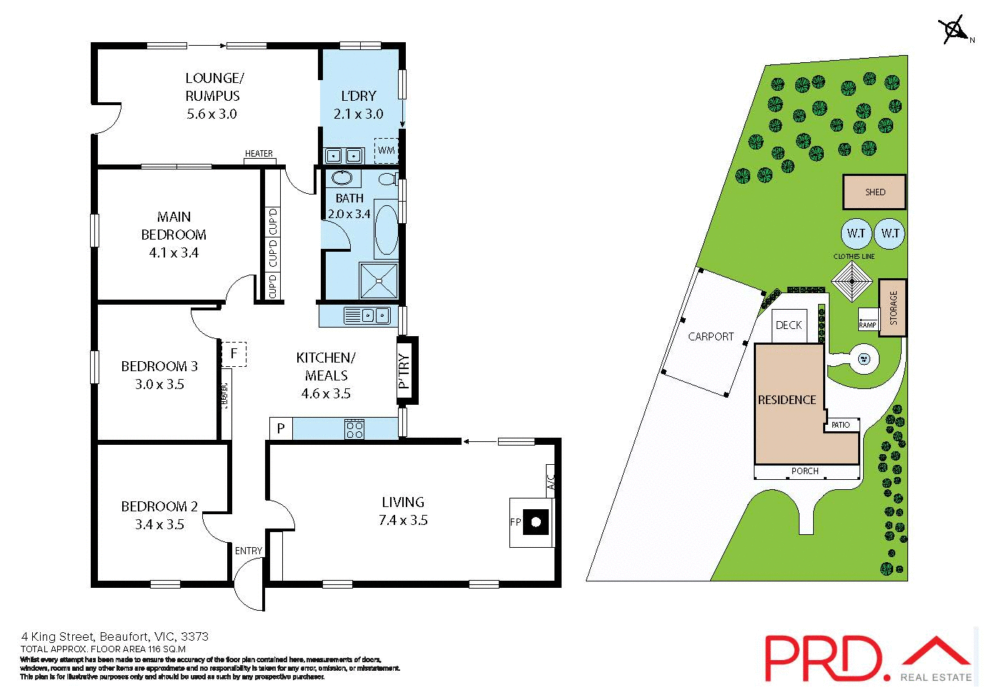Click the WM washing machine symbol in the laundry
point(386,150)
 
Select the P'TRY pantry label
point(404,370)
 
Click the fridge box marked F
point(234,353)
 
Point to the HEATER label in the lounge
point(259,154)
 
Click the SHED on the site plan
point(875,192)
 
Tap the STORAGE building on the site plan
point(892,308)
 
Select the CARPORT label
point(711,336)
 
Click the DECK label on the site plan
point(789,325)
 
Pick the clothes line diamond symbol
point(852,282)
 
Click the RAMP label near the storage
point(867,325)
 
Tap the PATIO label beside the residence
point(841,425)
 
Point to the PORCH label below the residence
point(805,471)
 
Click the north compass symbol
point(953,30)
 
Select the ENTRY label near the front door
point(249,551)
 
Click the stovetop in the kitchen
point(355,429)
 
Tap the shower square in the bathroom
point(378,280)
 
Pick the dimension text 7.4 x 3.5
point(403,521)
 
